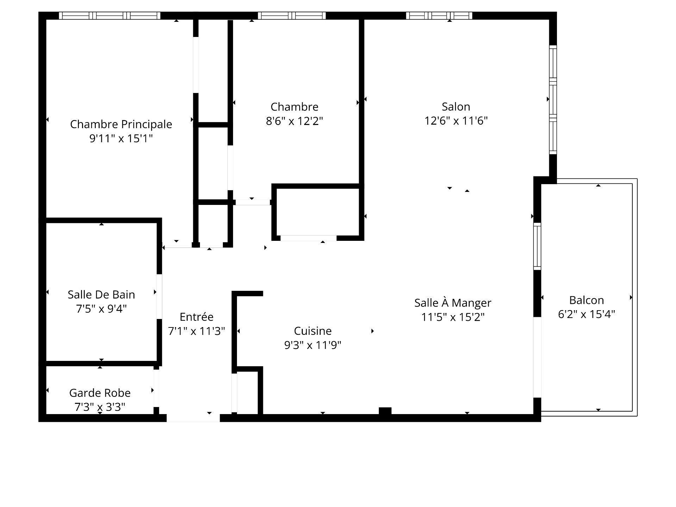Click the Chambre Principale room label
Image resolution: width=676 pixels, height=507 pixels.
click(121, 124)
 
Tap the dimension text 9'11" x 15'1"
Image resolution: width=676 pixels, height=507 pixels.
click(121, 138)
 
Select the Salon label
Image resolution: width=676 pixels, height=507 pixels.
click(456, 107)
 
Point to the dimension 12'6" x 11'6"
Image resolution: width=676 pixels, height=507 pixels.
click(456, 121)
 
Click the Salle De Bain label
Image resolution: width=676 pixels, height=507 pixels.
click(101, 294)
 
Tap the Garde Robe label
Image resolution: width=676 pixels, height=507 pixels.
click(100, 393)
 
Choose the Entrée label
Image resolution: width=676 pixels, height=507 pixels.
click(196, 317)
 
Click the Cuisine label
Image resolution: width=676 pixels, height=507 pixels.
click(313, 331)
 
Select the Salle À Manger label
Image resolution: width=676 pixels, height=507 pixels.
click(453, 303)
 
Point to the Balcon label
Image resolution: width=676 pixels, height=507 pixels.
click(586, 300)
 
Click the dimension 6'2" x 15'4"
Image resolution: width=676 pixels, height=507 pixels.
click(586, 314)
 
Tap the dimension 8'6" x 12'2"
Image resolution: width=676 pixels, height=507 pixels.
click(294, 121)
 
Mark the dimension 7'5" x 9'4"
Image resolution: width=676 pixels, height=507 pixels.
click(101, 309)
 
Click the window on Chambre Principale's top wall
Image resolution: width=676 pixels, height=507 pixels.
click(109, 15)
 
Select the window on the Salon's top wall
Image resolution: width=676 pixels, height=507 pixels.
click(439, 15)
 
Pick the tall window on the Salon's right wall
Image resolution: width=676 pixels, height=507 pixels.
click(553, 100)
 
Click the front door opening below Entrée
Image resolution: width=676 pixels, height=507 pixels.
click(193, 418)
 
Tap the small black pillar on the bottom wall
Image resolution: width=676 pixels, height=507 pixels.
click(385, 411)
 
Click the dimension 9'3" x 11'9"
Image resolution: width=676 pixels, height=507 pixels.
click(313, 345)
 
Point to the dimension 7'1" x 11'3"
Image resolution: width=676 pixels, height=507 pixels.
click(196, 331)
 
